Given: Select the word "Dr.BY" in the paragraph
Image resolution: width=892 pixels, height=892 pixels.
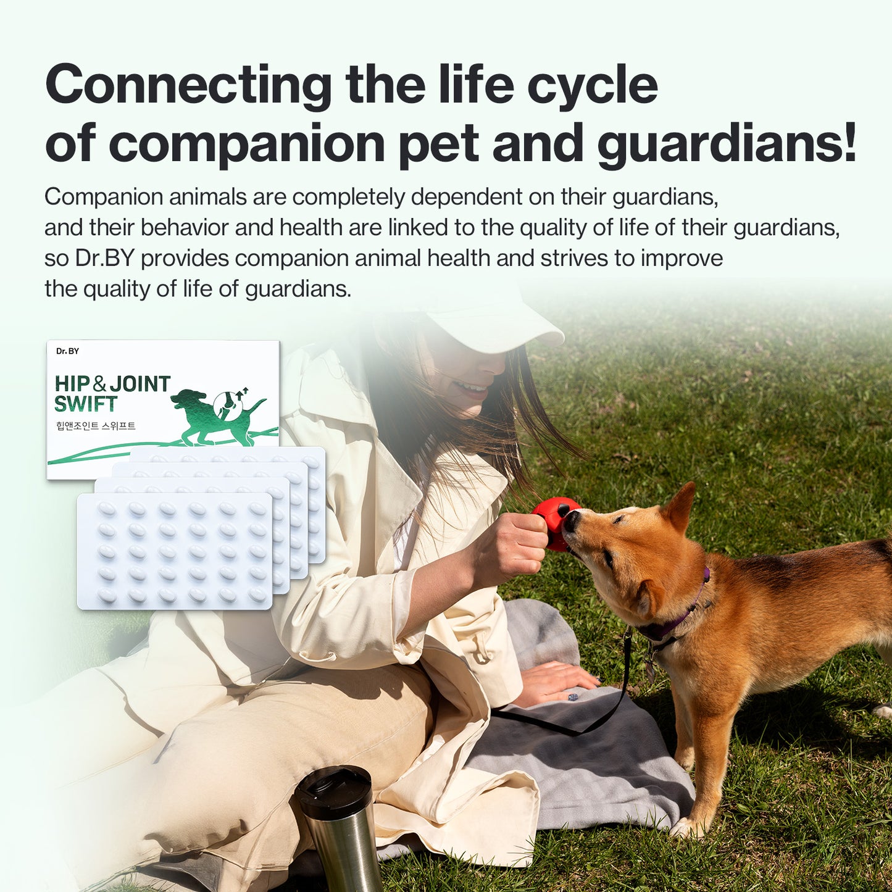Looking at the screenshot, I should point(104,258).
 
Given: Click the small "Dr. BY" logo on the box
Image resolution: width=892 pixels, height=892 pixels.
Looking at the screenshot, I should point(67,351).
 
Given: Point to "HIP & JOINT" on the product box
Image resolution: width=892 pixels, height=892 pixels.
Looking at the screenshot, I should point(112,384).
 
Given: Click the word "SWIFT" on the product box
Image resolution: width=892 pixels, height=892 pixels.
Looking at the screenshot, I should point(85,404).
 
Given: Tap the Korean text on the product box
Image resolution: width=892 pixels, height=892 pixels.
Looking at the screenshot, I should point(96,426).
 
